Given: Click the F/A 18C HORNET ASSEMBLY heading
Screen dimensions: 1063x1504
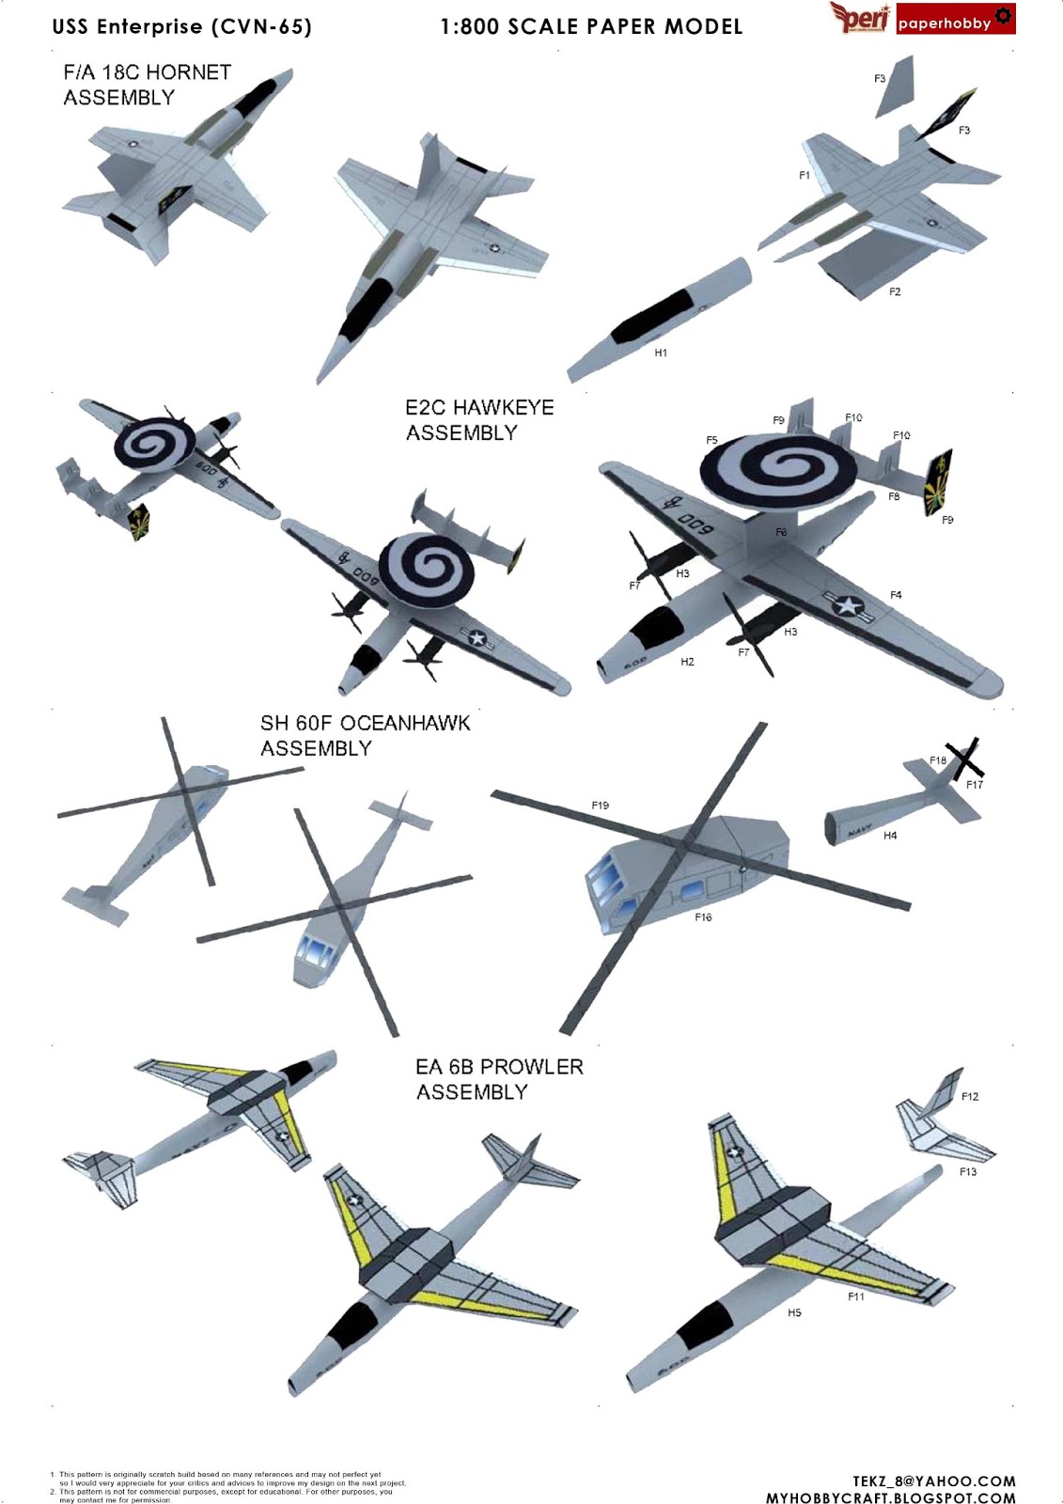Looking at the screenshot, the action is click(147, 85).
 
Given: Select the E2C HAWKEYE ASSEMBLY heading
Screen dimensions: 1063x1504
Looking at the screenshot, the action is click(479, 420).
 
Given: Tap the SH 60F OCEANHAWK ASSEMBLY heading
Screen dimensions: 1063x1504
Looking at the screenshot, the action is click(365, 735).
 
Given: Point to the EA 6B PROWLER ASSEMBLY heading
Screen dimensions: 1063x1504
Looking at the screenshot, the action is click(499, 1079).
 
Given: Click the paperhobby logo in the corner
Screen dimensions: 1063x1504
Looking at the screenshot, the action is click(955, 20).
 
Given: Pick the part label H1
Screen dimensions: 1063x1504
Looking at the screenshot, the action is click(661, 353).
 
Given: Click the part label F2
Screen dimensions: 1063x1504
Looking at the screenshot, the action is click(895, 292).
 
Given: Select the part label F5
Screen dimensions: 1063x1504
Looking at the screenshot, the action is click(711, 440).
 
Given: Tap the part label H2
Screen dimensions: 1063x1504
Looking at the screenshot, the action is click(687, 662).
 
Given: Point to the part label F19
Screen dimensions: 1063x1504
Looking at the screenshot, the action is click(600, 805).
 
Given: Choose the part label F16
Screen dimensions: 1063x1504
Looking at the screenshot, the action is click(703, 917).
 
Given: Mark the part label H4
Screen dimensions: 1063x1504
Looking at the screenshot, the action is click(890, 836).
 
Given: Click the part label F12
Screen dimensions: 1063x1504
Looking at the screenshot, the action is click(970, 1096).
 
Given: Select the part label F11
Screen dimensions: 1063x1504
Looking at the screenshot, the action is click(855, 1297).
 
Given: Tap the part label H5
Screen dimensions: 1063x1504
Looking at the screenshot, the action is click(794, 1313).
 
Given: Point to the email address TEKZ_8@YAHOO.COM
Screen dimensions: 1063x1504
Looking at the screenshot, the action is click(934, 1481).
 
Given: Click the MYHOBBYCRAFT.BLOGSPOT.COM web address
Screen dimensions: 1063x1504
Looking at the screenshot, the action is click(890, 1497).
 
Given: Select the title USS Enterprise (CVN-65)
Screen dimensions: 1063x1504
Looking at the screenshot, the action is click(181, 26).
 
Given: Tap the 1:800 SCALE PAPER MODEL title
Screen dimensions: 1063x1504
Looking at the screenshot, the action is click(591, 26).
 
